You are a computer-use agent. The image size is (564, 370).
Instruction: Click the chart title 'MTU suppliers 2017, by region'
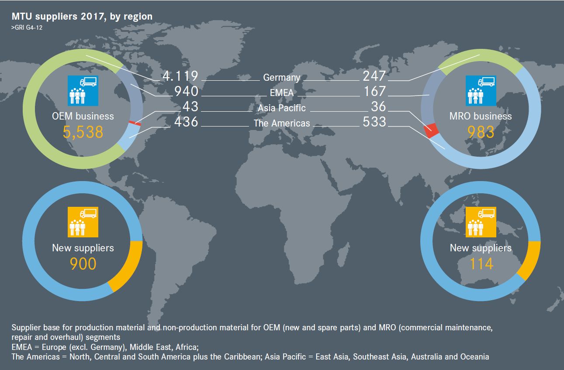82,17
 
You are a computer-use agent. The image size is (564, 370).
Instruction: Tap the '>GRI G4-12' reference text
27,27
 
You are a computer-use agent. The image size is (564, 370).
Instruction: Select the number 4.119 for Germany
180,76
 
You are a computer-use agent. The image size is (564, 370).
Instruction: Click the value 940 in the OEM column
186,91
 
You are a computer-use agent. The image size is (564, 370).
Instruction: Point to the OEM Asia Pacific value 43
190,106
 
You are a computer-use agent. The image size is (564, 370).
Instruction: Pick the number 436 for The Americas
186,122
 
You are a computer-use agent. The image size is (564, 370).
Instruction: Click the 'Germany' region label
281,78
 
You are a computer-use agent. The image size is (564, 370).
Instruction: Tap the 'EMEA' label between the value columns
281,93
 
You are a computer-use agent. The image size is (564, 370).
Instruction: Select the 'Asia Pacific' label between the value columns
281,108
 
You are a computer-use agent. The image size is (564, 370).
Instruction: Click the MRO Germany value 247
374,76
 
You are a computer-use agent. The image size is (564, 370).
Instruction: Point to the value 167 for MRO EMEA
375,91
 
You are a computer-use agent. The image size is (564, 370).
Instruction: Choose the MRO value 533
374,122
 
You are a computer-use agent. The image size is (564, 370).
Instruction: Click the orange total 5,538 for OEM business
83,132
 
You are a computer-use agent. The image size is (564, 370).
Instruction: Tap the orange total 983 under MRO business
481,132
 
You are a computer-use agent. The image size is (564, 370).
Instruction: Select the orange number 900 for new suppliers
83,264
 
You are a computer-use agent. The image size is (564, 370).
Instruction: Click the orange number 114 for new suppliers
481,264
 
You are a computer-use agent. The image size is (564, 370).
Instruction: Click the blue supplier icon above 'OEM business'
83,91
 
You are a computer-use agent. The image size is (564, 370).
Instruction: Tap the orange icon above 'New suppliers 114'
481,222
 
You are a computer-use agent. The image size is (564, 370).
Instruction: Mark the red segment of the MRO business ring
431,130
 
